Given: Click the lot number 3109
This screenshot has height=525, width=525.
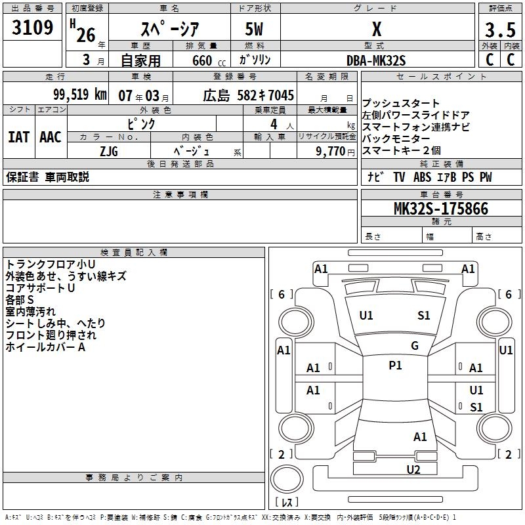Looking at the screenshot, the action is (33, 28).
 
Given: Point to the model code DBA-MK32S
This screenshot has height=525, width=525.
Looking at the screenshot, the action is (376, 60).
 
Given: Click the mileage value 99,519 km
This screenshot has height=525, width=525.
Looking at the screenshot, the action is (79, 94).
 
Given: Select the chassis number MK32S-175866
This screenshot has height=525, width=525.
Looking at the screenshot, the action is (440, 209).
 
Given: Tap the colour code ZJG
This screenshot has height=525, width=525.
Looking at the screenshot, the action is (109, 150).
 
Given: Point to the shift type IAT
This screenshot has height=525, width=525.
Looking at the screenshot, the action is (19, 137).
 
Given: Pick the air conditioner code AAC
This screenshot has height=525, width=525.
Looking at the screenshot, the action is (51, 137).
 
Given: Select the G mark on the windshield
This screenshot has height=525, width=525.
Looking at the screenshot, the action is (415, 345).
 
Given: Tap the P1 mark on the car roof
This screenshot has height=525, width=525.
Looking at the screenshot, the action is (395, 366).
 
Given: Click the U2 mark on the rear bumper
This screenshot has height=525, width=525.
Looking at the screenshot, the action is (413, 469).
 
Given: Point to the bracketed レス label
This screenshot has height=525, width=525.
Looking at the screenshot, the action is (287, 503).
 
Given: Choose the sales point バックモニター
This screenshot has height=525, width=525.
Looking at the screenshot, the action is (396, 138).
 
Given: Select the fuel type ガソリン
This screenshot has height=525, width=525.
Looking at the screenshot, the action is (255, 60).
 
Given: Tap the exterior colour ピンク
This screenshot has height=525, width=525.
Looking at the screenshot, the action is (141, 123).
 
